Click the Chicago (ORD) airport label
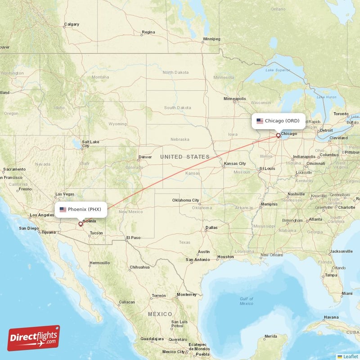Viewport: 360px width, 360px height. tap(278, 121)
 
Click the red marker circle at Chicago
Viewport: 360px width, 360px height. tap(278, 135)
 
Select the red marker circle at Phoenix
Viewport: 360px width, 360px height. tap(81, 224)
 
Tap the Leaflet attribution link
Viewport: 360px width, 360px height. tap(350, 356)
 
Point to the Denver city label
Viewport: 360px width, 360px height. tap(145, 157)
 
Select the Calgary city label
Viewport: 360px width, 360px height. tap(72, 24)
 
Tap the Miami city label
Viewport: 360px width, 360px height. tap(346, 293)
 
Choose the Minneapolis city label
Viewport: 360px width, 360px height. tap(235, 99)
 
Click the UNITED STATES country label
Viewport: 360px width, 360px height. tap(184, 157)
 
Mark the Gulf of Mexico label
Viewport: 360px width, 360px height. tap(246, 301)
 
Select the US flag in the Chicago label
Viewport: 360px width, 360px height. tap(260, 121)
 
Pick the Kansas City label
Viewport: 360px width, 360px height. tap(235, 163)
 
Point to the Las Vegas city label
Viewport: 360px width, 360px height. tap(65, 194)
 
